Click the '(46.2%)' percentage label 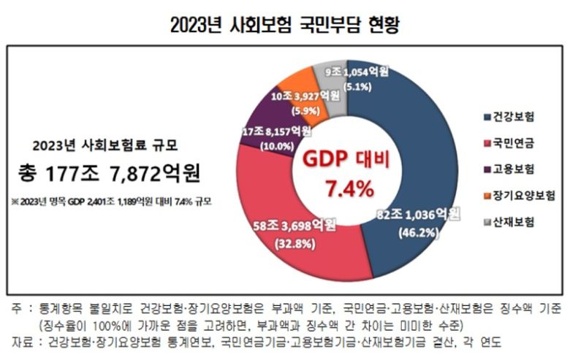tap(419, 233)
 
